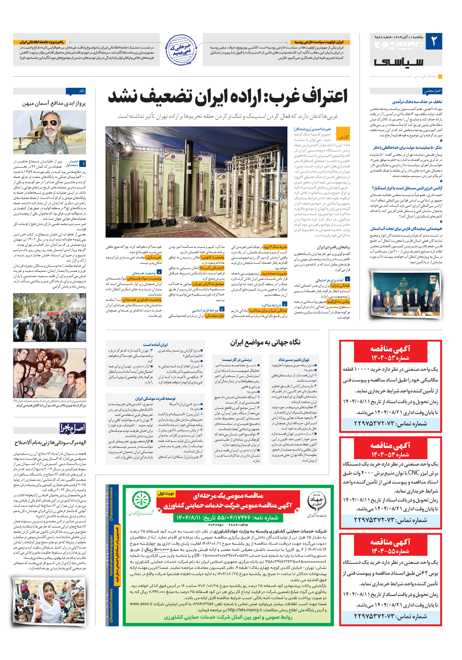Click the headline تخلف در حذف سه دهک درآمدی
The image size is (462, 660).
point(417,102)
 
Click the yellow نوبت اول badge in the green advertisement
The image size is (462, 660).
point(166,493)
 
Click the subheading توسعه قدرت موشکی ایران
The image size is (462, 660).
point(155,398)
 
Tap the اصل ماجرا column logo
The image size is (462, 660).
point(72,428)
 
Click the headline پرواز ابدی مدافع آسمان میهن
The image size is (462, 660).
point(54,104)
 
